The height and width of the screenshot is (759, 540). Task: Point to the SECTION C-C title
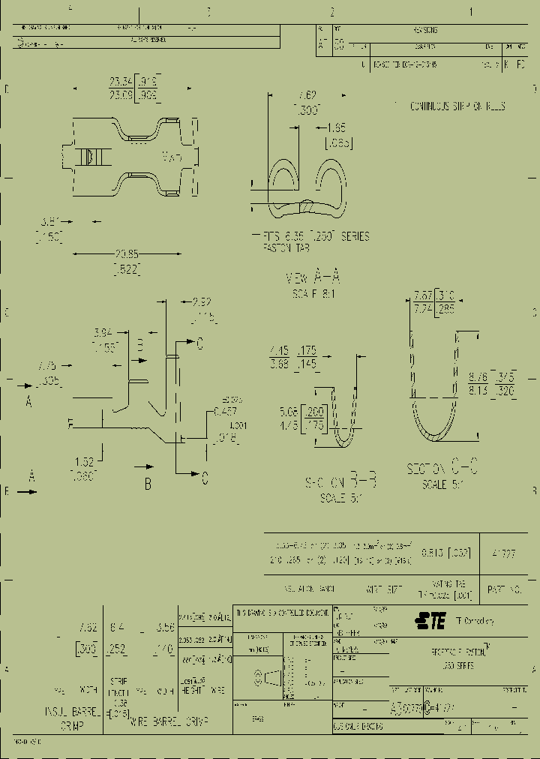442,469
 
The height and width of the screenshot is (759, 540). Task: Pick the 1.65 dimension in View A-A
337,128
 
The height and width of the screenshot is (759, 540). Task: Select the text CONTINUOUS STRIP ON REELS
457,106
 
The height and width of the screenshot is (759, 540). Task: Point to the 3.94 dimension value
104,332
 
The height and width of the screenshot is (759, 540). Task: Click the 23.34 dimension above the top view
120,82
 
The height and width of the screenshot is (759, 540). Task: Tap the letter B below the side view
148,484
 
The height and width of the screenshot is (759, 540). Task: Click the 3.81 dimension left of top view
49,222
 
